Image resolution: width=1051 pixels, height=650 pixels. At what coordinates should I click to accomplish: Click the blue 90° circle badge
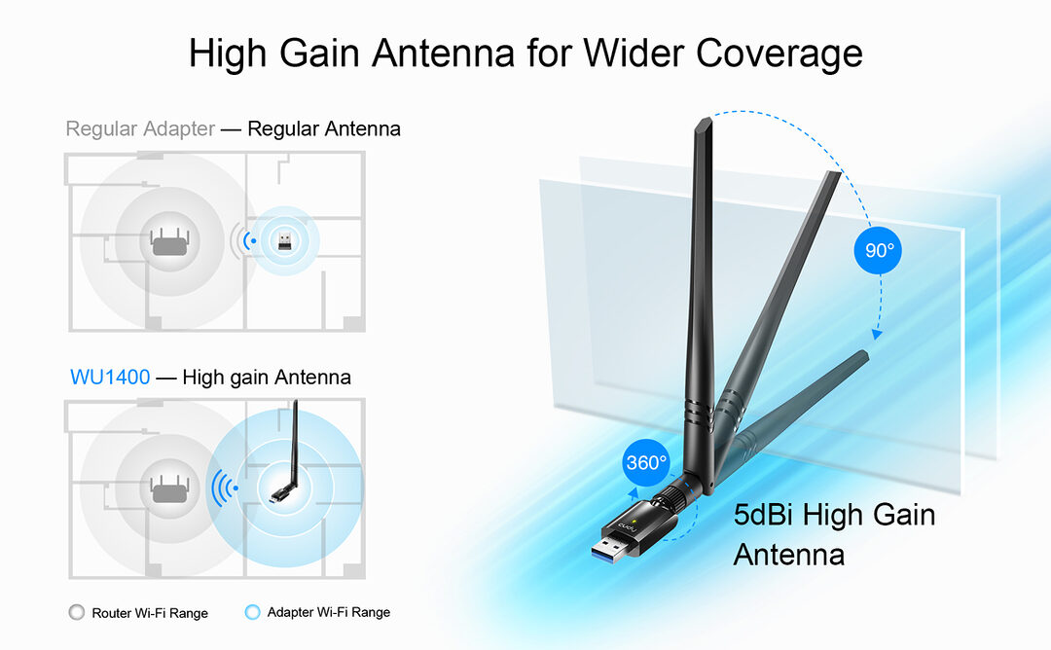(x=879, y=250)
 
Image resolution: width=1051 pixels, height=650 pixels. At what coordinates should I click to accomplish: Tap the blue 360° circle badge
(x=645, y=463)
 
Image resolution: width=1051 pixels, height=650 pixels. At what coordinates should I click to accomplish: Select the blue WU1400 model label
(x=110, y=377)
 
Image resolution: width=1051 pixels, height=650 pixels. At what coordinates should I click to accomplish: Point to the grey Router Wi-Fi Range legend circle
(x=77, y=612)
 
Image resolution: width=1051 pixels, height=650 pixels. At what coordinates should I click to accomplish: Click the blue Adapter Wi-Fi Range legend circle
(x=253, y=612)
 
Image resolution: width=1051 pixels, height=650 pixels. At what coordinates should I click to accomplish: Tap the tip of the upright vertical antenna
(x=703, y=123)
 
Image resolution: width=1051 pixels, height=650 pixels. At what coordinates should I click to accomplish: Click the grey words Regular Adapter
(x=140, y=128)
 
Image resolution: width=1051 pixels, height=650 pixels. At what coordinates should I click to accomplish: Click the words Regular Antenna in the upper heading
(x=324, y=128)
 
